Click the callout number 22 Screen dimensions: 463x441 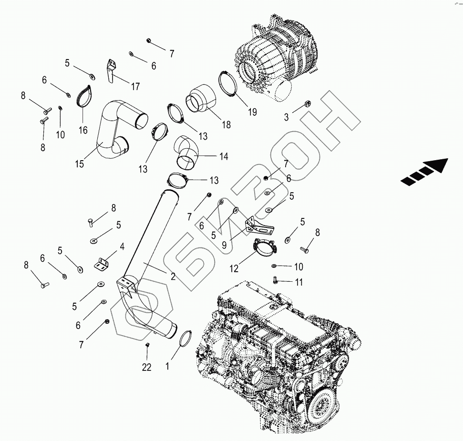click(146, 367)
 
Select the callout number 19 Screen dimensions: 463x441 click(252, 112)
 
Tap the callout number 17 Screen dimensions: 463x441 click(135, 86)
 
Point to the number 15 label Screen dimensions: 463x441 click(79, 164)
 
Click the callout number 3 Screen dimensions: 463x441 click(286, 117)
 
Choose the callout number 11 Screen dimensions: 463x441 click(298, 282)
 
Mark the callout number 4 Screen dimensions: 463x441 click(122, 246)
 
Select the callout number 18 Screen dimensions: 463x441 click(226, 124)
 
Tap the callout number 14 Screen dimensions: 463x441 click(223, 156)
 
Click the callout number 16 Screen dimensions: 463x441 click(83, 130)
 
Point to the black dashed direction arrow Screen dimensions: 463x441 click(424, 172)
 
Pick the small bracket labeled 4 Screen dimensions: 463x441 click(102, 264)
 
